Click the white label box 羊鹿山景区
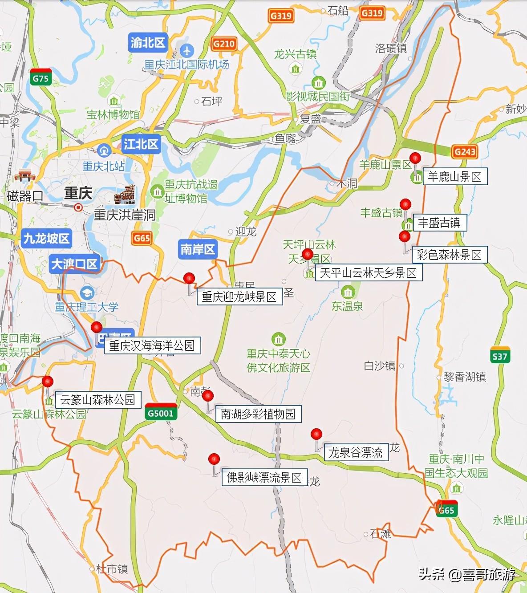(454, 177)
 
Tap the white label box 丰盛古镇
(439, 223)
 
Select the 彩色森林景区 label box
(449, 255)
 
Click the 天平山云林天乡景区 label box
(368, 272)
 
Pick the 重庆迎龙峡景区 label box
(239, 296)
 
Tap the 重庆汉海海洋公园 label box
(152, 345)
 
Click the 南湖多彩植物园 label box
(258, 414)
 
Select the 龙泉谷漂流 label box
(356, 453)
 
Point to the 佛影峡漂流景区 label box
(264, 478)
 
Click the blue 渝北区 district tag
(148, 43)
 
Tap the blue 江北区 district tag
(141, 144)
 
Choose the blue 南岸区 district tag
(198, 249)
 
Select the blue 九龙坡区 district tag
(46, 238)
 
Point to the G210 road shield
(223, 43)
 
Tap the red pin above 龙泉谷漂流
(316, 434)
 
